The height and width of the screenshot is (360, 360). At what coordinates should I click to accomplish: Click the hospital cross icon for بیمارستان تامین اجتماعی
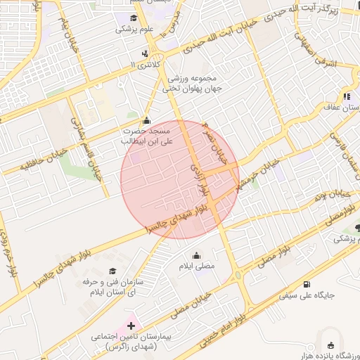131,326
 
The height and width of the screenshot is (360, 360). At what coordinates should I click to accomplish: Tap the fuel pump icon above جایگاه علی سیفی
307,284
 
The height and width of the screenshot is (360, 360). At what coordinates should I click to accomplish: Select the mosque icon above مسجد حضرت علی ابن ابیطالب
146,120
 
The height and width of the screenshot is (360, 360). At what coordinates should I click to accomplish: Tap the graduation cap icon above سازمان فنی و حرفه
112,271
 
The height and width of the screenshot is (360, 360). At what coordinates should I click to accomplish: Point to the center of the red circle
180,179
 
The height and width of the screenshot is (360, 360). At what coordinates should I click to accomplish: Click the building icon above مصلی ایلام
196,255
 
